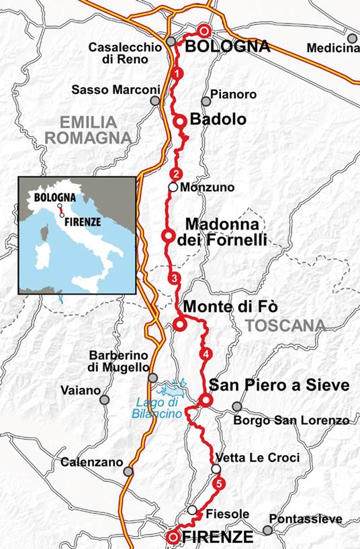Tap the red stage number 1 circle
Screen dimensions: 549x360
(x=177, y=73)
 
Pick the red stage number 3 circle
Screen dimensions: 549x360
(x=175, y=278)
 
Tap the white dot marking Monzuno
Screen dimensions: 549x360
(x=173, y=188)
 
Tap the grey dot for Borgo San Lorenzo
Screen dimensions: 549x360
(x=236, y=406)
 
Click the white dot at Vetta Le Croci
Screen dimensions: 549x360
(x=216, y=468)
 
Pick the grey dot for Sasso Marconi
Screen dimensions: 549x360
(x=155, y=101)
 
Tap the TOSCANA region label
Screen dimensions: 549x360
(x=285, y=326)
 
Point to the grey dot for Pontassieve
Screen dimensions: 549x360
(x=268, y=530)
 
